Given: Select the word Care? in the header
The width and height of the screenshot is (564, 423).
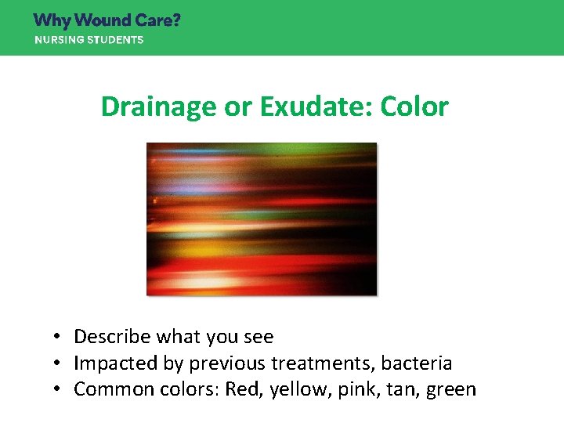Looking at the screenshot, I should click(160, 20).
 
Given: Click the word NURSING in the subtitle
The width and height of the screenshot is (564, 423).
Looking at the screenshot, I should click(57, 40).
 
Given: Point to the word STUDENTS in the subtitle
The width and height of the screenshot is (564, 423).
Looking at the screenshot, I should click(114, 40).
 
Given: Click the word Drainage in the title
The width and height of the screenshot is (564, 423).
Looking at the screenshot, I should click(159, 107).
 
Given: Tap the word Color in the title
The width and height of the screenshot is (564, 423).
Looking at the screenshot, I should click(414, 107).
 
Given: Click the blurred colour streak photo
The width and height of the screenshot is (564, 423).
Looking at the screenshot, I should click(262, 219).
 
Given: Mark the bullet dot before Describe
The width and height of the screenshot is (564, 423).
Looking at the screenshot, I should click(58, 338).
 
